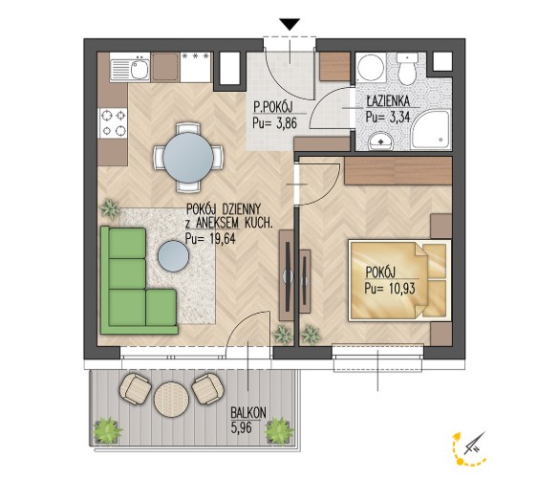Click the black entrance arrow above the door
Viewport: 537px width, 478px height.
coord(290,24)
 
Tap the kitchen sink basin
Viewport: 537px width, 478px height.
coord(140,70)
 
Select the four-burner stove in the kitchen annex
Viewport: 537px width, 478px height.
coord(114,123)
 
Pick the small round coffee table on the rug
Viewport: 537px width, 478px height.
coord(173,256)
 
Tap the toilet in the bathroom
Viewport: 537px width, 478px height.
coord(407,69)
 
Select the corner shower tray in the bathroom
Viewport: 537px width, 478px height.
coord(431,130)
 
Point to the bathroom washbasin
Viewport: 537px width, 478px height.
coord(380,141)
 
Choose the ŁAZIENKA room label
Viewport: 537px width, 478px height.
coord(388,101)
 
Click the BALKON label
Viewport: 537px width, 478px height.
coord(248,413)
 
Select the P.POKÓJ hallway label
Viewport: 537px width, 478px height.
coord(273,107)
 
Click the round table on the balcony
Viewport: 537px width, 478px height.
coord(171,400)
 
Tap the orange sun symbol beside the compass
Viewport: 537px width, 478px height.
coord(461,461)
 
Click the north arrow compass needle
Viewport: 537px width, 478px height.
coord(474,443)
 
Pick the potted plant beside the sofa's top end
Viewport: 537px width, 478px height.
coord(110,208)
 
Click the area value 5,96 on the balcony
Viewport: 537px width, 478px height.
coord(242,428)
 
